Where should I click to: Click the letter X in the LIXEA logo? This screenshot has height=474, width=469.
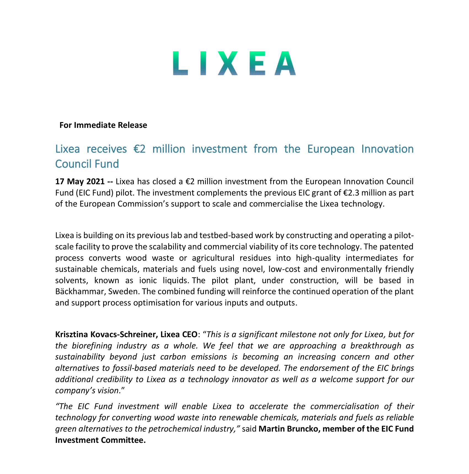pyautogui.click(x=230, y=63)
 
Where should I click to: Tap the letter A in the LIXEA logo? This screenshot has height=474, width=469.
pyautogui.click(x=285, y=63)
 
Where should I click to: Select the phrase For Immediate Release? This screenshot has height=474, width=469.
pyautogui.click(x=103, y=125)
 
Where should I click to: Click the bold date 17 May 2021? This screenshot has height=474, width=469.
pyautogui.click(x=80, y=182)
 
